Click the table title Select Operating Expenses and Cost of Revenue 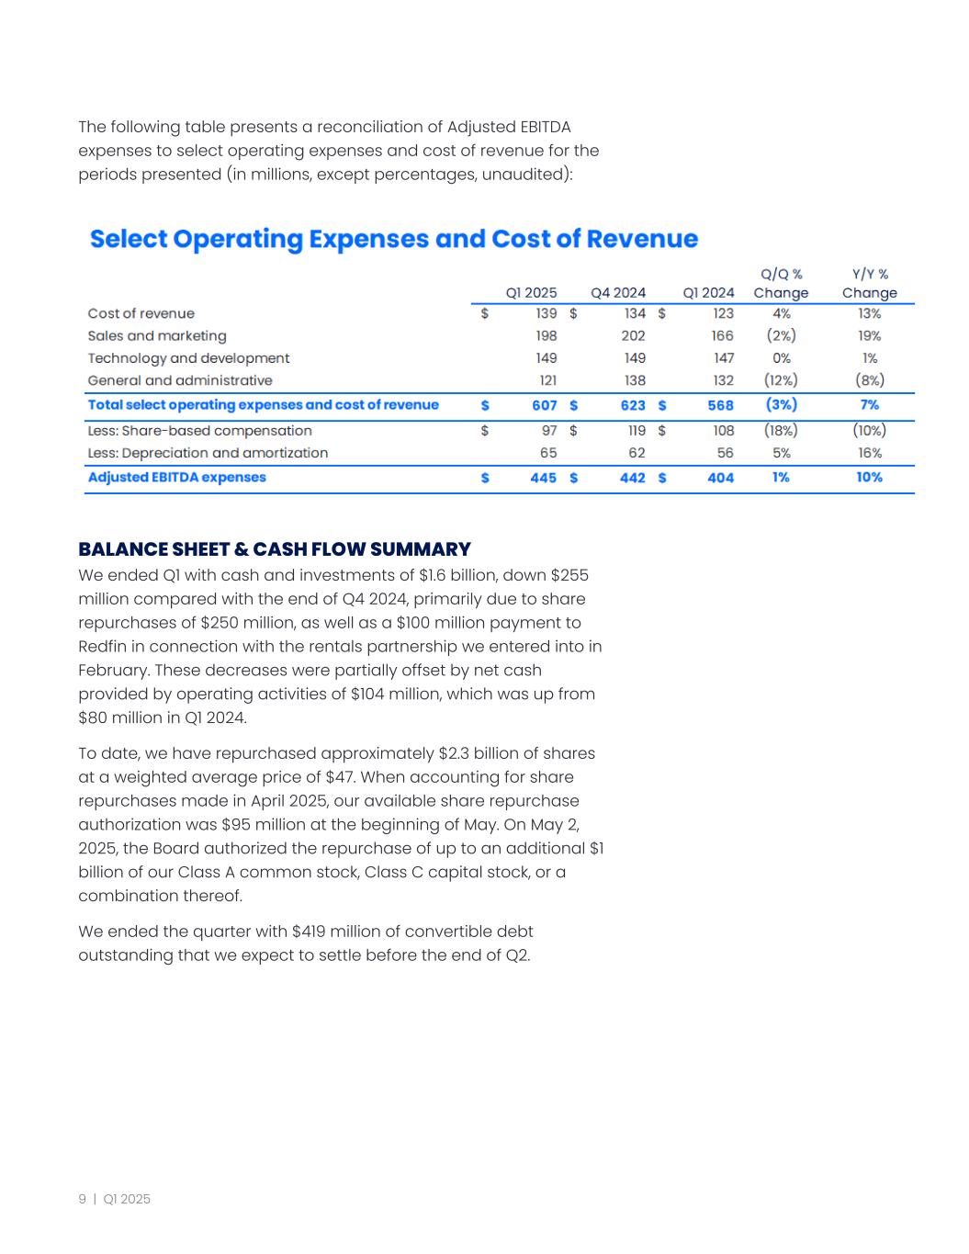click(x=394, y=240)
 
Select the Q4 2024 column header click(x=617, y=293)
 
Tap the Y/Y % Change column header click(x=869, y=283)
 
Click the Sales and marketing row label click(x=157, y=336)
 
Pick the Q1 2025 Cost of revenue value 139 click(x=546, y=314)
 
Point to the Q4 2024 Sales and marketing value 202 click(x=633, y=336)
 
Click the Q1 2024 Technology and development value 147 click(x=723, y=358)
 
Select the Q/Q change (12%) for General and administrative click(x=781, y=380)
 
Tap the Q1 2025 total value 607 click(x=544, y=405)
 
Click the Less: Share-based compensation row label click(x=199, y=431)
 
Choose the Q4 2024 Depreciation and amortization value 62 click(x=637, y=453)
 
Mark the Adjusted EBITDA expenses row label click(x=176, y=478)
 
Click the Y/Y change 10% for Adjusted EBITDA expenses click(x=869, y=478)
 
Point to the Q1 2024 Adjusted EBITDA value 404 click(x=720, y=478)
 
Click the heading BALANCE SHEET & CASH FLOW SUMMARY click(x=274, y=549)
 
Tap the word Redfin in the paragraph click(x=102, y=647)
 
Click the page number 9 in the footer click(x=83, y=1199)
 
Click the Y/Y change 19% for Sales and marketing click(x=869, y=336)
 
